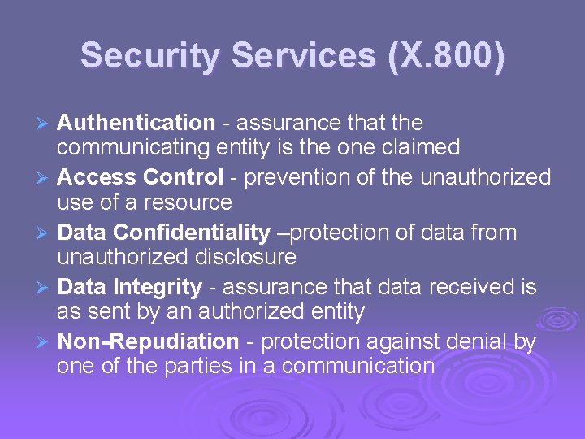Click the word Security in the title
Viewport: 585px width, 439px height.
coord(150,56)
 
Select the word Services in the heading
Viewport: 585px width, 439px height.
coord(304,56)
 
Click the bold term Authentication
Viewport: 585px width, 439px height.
coord(136,123)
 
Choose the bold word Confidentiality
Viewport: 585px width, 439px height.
coord(192,233)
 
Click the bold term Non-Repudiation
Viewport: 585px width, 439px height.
coord(149,342)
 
